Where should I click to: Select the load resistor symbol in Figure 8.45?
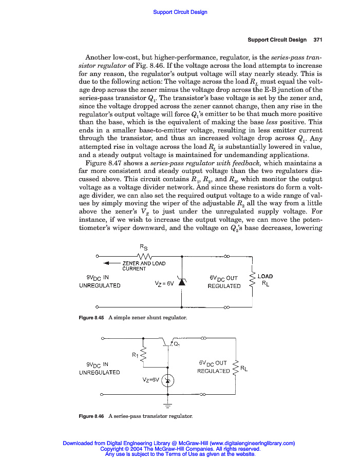[252, 282]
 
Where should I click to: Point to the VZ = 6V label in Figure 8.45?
[164, 283]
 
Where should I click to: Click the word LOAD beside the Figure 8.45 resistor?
[265, 277]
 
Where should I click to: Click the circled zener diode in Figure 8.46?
[168, 380]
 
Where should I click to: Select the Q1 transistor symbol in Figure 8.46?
[168, 342]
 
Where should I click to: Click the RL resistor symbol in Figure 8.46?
[235, 368]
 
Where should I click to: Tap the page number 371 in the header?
[317, 40]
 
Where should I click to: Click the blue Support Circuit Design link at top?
[180, 12]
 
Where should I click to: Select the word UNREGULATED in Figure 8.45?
[100, 286]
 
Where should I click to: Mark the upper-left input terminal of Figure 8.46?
[103, 338]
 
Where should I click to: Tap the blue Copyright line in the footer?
[180, 449]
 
